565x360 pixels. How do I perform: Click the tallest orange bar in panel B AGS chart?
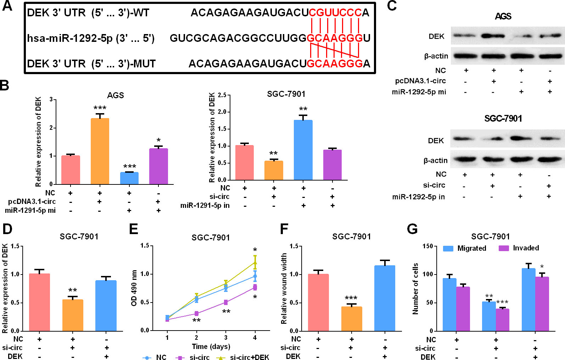click(100, 151)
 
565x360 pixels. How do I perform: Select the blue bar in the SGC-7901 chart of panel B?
click(303, 150)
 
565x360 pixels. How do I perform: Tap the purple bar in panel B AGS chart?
click(158, 166)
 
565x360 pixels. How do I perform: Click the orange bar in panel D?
click(73, 315)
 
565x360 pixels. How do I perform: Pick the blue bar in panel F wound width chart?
click(385, 298)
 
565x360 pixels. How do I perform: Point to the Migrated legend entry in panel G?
click(465, 248)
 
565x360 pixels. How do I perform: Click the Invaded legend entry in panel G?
click(519, 248)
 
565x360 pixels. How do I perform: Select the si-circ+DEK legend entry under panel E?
click(243, 357)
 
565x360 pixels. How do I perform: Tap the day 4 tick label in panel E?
click(255, 338)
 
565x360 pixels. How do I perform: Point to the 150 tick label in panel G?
click(428, 246)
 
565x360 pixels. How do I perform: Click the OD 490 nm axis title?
click(134, 288)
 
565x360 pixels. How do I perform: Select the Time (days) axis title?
click(211, 347)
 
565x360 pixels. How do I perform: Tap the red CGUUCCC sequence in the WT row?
click(335, 13)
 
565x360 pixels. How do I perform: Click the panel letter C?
click(392, 6)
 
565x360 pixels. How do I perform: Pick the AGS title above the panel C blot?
click(503, 16)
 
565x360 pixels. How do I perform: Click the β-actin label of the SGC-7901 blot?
click(436, 160)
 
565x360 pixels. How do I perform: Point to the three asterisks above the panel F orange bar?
click(351, 298)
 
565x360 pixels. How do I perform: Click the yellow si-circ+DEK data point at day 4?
click(255, 262)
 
